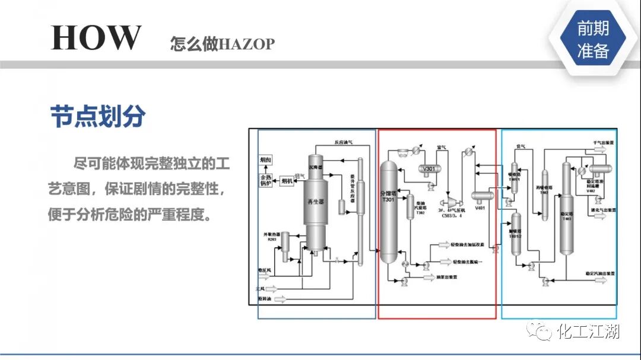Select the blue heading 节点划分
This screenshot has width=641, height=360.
pos(97,117)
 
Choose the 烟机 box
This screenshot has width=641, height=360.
pos(287,181)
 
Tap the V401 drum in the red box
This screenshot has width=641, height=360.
pos(481,196)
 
